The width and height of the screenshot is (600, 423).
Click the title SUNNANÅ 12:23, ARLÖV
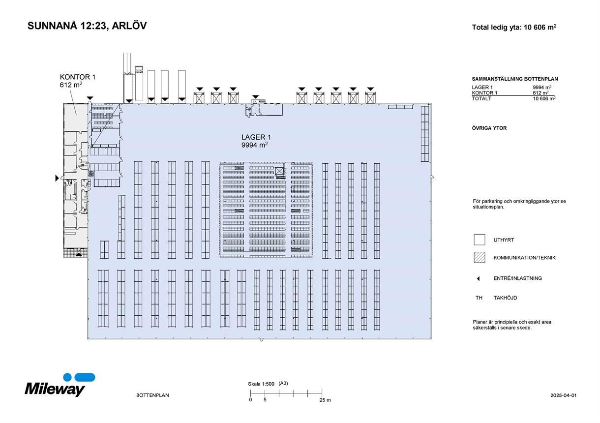click(x=87, y=26)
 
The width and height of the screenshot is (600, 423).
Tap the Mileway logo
click(x=60, y=385)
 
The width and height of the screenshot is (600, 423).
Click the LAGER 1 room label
click(x=256, y=137)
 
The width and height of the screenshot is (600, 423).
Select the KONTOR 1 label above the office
click(x=77, y=77)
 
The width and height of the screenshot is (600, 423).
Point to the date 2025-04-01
click(x=563, y=395)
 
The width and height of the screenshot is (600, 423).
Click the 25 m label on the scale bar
click(x=325, y=400)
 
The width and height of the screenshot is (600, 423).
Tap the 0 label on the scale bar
click(x=250, y=400)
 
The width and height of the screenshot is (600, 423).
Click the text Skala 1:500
click(x=261, y=384)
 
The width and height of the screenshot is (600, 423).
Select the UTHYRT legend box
click(x=480, y=240)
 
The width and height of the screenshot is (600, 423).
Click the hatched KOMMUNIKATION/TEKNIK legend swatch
click(x=480, y=257)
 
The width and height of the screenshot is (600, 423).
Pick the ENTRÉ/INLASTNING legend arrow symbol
click(x=478, y=278)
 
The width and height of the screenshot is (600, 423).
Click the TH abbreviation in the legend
click(x=479, y=298)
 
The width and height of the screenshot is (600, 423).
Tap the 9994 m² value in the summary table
click(x=542, y=88)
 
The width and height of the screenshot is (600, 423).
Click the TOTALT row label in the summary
click(x=481, y=98)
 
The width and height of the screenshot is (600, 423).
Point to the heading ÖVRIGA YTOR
click(x=489, y=128)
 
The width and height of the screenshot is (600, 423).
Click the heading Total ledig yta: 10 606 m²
click(x=514, y=28)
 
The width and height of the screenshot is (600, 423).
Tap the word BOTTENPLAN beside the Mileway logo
click(x=152, y=395)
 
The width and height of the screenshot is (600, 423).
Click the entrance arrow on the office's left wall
click(x=57, y=178)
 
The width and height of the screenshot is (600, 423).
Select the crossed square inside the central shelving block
click(x=279, y=171)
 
